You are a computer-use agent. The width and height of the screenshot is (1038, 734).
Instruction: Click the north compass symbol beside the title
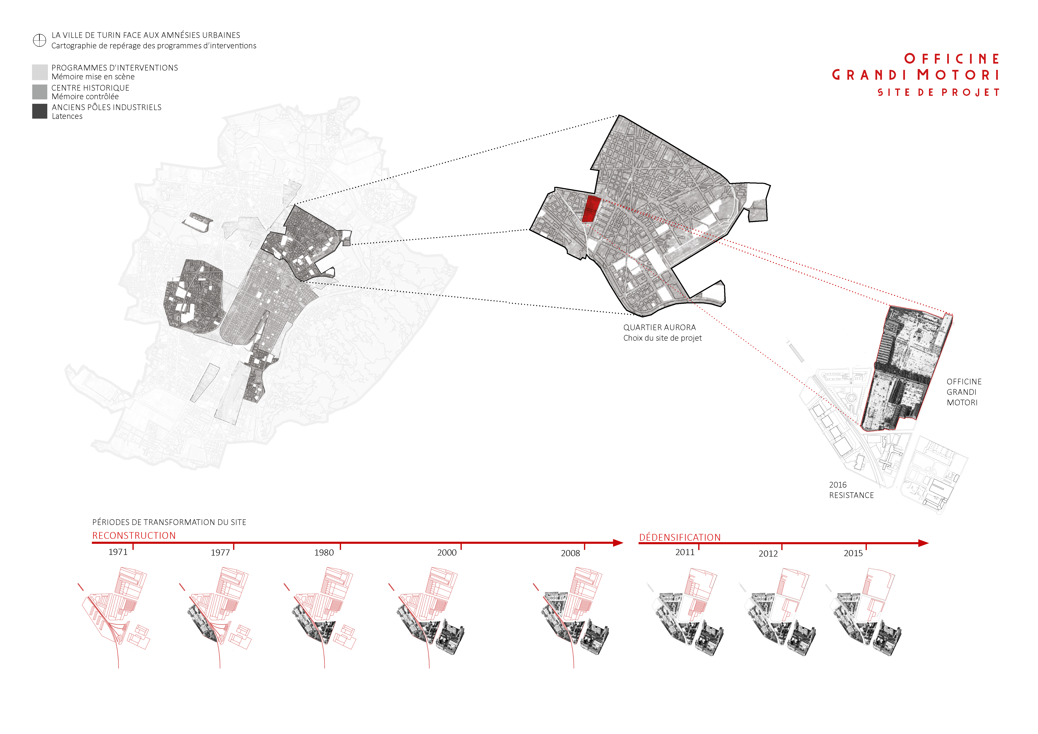click(x=40, y=40)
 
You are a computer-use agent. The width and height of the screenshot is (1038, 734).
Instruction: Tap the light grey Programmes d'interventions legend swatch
click(x=40, y=72)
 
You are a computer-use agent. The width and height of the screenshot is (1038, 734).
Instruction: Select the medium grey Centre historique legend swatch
click(x=40, y=92)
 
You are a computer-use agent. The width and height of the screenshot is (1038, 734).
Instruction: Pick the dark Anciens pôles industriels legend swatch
click(x=40, y=111)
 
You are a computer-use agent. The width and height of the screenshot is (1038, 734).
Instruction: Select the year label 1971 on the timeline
click(x=118, y=552)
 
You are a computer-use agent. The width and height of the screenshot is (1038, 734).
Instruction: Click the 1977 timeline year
click(x=220, y=552)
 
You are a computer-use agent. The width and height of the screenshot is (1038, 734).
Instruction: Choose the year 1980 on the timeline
click(x=324, y=552)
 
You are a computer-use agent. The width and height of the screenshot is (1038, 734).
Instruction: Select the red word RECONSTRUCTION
click(x=134, y=536)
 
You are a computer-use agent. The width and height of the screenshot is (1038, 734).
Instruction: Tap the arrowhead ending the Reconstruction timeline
click(x=618, y=543)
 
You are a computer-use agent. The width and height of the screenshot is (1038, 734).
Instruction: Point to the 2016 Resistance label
click(x=851, y=490)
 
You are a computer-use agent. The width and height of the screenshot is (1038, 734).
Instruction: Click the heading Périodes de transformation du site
click(x=169, y=522)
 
